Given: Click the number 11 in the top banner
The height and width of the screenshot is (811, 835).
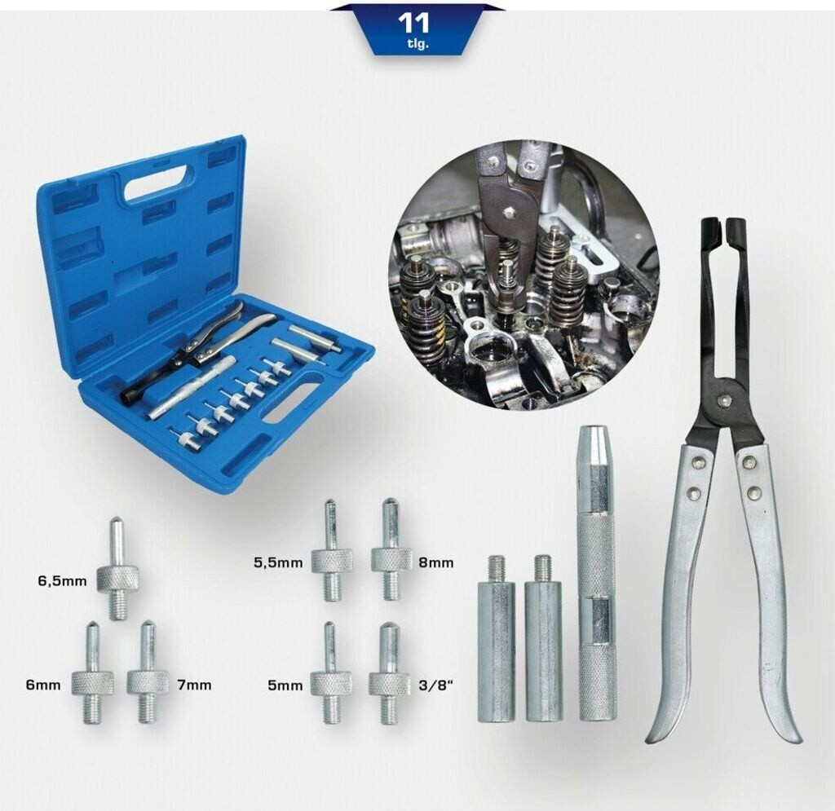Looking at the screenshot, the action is [413, 24].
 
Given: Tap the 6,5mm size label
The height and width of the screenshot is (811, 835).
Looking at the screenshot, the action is [62, 580].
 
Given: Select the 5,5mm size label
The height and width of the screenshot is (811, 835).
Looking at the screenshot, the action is [279, 562].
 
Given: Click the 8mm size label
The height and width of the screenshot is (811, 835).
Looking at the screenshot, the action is [436, 562].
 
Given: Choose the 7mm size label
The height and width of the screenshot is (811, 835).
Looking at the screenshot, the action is [194, 685].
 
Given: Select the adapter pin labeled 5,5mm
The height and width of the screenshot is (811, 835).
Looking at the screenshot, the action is [332, 550].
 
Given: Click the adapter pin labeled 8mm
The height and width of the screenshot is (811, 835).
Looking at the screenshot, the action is [391, 549].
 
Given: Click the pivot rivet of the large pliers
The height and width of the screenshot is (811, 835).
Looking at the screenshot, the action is [724, 399].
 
